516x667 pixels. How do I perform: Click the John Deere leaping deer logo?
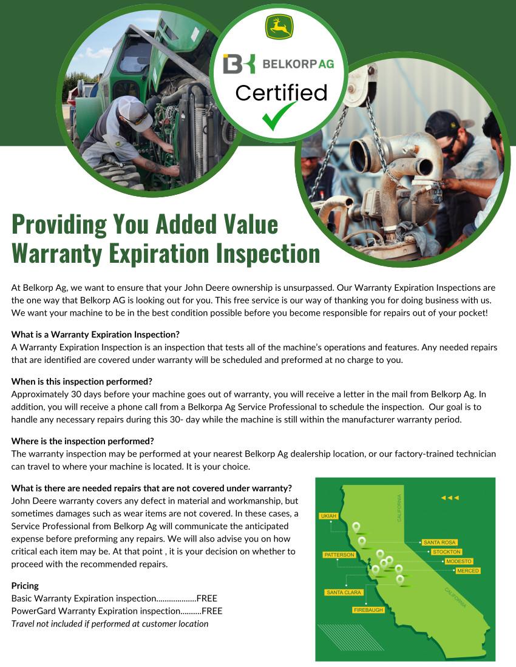tap(279, 27)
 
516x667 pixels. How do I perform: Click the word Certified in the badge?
tap(281, 92)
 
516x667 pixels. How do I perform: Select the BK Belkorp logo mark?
tap(239, 64)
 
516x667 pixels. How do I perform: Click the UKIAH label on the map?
tap(328, 516)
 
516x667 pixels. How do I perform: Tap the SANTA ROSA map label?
tap(440, 543)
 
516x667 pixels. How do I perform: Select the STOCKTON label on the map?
tap(446, 552)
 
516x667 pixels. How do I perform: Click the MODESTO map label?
tap(458, 561)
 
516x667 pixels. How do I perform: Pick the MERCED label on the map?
tap(467, 571)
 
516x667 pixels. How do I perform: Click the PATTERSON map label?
tap(339, 555)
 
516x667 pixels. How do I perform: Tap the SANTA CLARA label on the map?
tap(344, 592)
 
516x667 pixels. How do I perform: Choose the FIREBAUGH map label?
tap(368, 610)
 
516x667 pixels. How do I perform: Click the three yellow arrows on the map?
tap(450, 498)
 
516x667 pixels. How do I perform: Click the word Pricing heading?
tap(25, 586)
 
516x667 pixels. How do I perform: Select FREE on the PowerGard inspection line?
tap(212, 611)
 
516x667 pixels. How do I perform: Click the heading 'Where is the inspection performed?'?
tap(83, 441)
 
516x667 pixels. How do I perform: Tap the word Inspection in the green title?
tap(268, 254)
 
